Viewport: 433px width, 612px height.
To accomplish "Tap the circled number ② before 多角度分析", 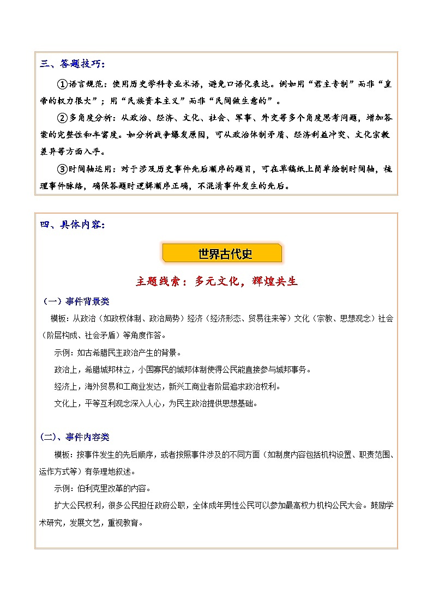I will pos(62,119).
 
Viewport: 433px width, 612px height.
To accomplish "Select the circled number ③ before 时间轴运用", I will pos(62,169).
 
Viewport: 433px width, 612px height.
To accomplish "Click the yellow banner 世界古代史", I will pos(222,253).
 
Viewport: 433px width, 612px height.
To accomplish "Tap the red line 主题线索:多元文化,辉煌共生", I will pos(216,282).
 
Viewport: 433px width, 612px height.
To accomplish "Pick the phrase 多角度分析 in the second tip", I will pos(91,119).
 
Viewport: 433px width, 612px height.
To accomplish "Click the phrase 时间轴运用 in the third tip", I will pos(91,169).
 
